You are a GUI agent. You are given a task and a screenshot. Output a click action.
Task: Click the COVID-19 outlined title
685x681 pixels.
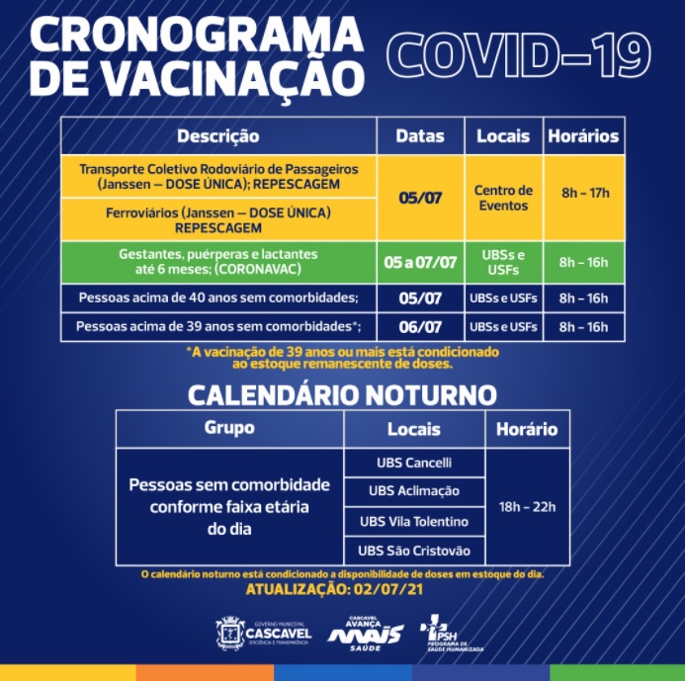(519, 56)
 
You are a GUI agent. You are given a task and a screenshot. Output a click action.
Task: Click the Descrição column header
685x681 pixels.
(218, 136)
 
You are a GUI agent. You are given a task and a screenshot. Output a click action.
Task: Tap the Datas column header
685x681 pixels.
(420, 136)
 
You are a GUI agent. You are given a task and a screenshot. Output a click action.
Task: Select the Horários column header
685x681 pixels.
(583, 136)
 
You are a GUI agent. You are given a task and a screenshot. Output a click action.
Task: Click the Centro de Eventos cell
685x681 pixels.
(503, 198)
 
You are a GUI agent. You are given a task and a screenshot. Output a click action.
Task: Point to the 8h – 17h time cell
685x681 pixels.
(585, 193)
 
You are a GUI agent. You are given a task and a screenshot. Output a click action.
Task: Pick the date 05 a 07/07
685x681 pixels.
(420, 262)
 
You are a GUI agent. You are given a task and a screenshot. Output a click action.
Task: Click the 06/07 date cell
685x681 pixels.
(420, 327)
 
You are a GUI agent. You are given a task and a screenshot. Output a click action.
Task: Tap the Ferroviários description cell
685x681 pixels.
(218, 220)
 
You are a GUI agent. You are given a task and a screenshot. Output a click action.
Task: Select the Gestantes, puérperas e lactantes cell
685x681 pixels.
(218, 261)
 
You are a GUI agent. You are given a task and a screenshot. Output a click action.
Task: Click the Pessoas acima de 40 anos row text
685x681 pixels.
(218, 298)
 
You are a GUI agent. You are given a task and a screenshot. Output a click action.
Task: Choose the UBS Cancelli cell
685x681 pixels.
(414, 463)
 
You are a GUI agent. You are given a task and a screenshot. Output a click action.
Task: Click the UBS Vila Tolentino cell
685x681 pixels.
(414, 521)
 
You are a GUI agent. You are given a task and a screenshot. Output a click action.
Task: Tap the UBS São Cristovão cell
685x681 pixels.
(414, 551)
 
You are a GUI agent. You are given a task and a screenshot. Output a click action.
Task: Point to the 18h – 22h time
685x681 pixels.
(527, 507)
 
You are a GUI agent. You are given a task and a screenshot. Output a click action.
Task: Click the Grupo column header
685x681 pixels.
(229, 428)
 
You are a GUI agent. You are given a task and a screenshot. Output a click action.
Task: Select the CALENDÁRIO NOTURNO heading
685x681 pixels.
(342, 395)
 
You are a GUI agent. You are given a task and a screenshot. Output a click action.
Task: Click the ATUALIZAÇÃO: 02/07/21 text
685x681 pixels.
(335, 589)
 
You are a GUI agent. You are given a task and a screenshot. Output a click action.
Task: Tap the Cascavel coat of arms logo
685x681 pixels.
(229, 634)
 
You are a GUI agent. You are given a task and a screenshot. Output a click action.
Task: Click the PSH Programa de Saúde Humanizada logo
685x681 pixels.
(450, 633)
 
